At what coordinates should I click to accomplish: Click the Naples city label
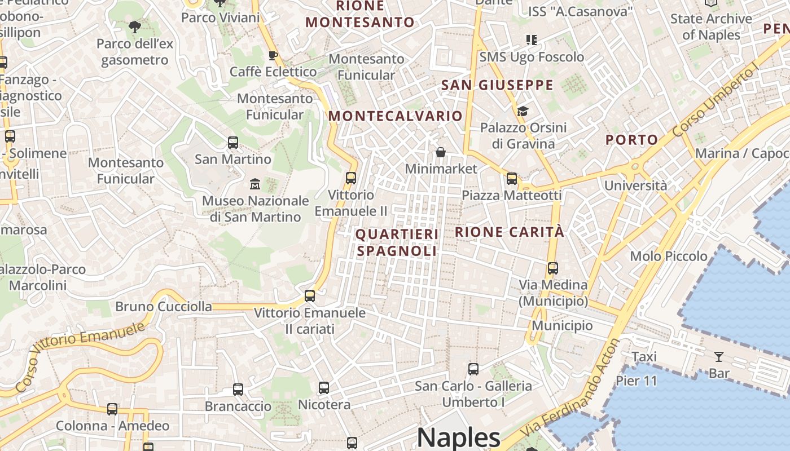click(458, 438)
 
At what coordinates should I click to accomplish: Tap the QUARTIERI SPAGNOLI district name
click(397, 242)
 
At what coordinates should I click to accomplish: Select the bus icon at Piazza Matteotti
click(512, 179)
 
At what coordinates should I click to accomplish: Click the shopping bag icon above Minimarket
click(441, 152)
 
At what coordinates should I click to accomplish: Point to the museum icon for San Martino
click(255, 184)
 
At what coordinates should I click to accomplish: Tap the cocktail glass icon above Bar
click(718, 356)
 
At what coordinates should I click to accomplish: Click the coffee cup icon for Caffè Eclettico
click(273, 55)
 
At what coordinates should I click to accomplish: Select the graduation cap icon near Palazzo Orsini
click(523, 111)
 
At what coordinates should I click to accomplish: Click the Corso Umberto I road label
click(716, 100)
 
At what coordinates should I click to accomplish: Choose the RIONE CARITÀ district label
click(509, 232)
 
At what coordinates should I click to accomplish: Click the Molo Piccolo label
click(669, 256)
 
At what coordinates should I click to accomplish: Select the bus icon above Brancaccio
click(238, 389)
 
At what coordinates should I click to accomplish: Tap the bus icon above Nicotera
click(323, 387)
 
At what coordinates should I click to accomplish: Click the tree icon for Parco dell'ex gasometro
click(134, 26)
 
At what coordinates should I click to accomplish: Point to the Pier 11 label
click(637, 381)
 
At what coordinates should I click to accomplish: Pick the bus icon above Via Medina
click(553, 268)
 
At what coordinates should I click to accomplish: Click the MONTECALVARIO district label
click(395, 116)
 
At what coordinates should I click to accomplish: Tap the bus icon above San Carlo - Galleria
click(473, 369)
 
